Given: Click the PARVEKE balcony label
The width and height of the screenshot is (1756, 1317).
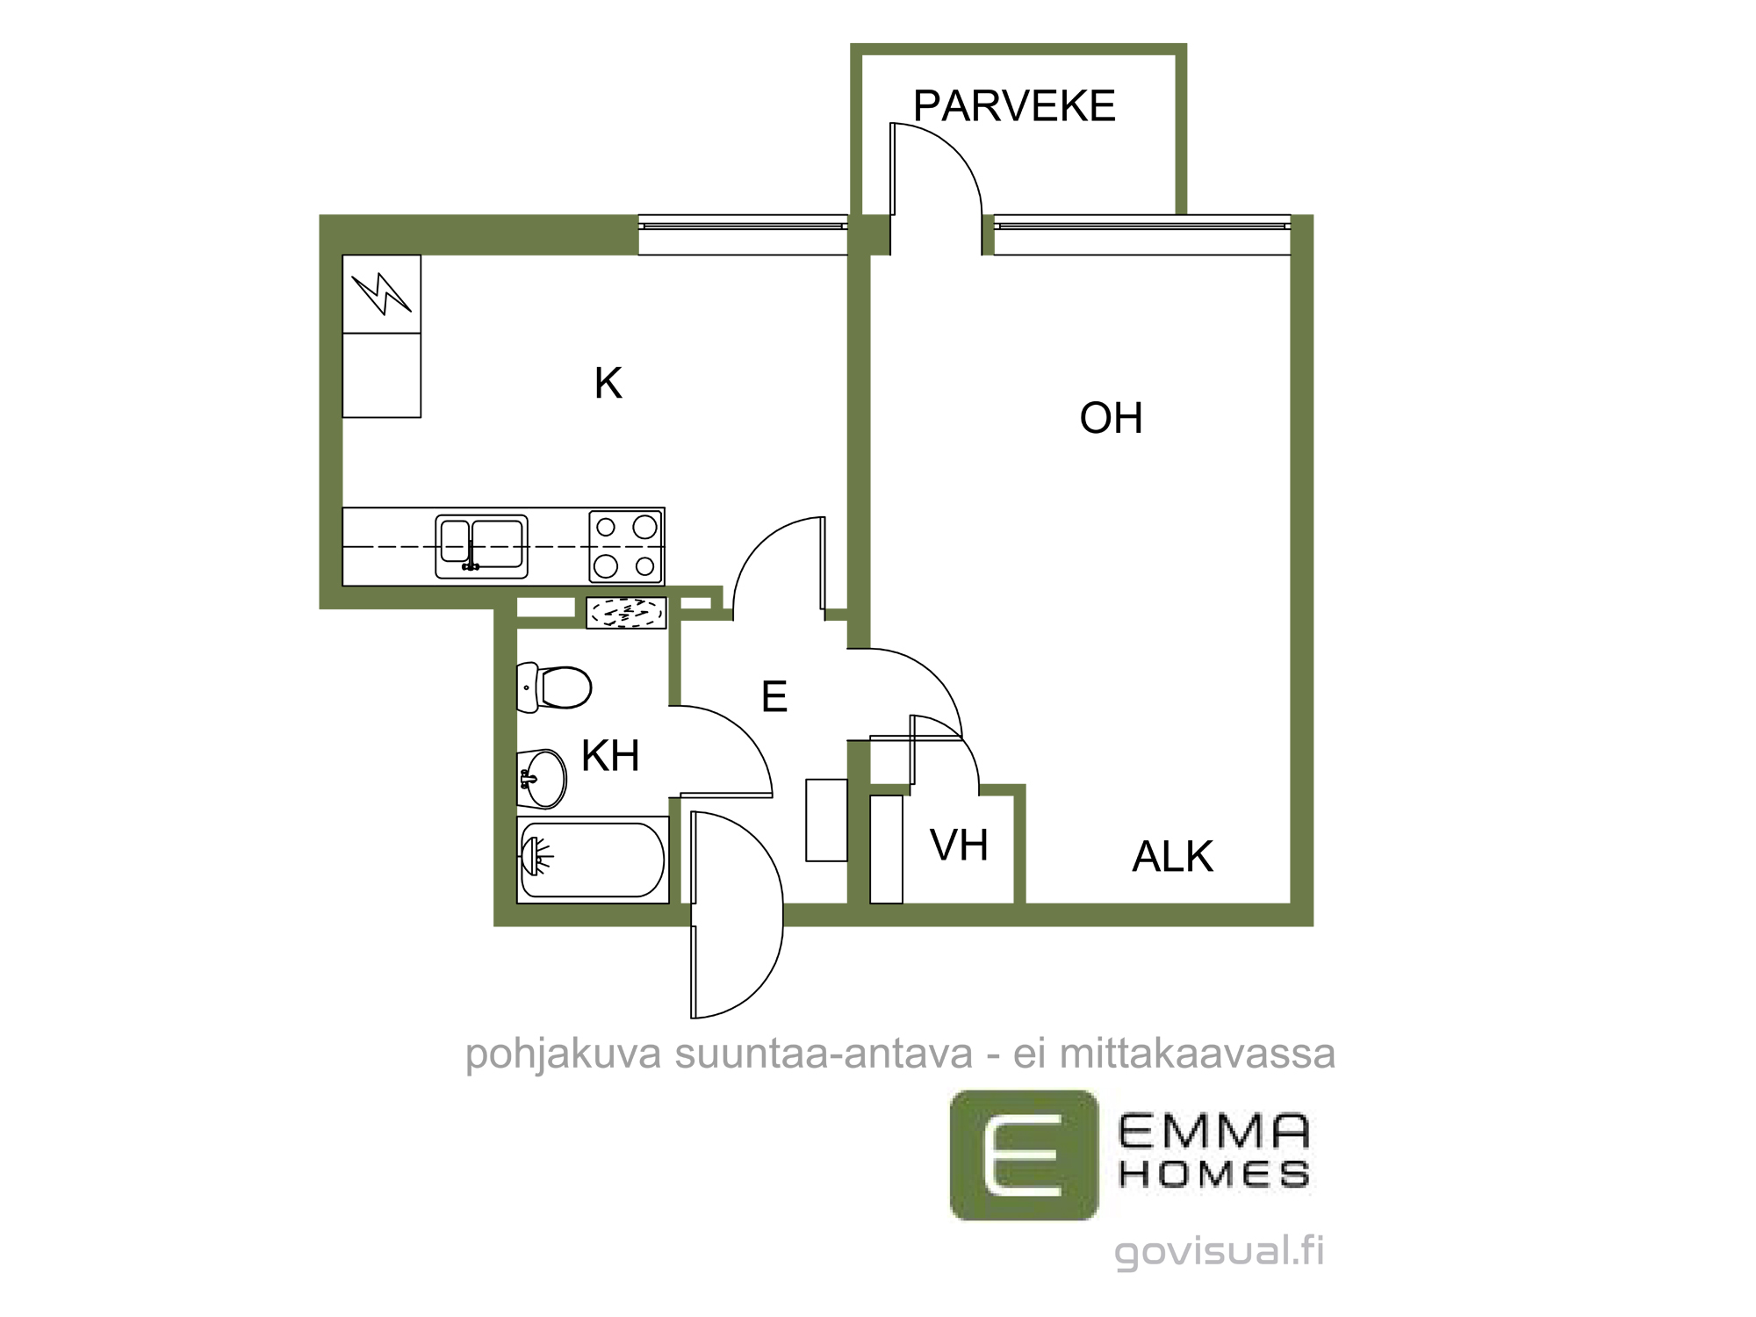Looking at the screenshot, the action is tap(1014, 106).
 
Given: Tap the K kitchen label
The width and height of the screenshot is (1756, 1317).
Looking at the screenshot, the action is tap(608, 384).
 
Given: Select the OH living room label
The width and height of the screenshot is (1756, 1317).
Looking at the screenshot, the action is tap(1112, 418).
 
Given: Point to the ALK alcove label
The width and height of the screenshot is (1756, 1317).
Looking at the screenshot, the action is tap(1173, 857).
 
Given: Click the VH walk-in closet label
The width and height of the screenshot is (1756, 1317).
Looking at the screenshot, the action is tap(960, 846).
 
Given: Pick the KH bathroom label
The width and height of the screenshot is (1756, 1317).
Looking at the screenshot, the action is tap(610, 756).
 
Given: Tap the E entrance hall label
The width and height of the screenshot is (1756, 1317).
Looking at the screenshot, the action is tap(774, 697).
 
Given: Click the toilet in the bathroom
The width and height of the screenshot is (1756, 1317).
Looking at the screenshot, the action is tap(554, 687).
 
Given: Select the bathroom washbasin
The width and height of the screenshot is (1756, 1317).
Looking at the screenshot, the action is tap(542, 779).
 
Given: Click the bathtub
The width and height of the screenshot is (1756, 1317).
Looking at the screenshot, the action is tap(593, 860).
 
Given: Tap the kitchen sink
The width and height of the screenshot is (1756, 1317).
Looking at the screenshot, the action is tap(482, 547).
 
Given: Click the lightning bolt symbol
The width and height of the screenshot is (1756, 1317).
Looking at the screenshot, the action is tap(382, 293).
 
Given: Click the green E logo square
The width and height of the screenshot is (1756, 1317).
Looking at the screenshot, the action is tap(1024, 1155).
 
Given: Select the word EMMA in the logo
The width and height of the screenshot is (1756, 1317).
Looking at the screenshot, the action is tap(1214, 1133).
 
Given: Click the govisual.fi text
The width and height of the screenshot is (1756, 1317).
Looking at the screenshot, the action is tap(1220, 1251).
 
